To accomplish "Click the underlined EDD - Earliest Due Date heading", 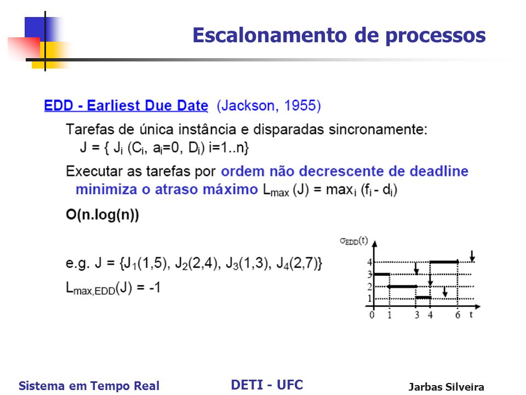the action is tap(126, 105).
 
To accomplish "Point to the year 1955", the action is tap(300, 105).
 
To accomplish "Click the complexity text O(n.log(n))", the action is tap(102, 215).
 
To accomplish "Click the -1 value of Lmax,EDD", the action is tap(155, 287).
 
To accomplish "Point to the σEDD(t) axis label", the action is tap(354, 241).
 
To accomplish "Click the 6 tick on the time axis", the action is tap(458, 315).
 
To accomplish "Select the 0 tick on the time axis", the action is tap(371, 315).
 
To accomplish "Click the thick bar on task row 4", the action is tap(444, 262).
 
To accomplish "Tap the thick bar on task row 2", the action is tap(402, 286).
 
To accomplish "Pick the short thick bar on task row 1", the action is tap(424, 297).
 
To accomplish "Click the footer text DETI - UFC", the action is tap(267, 385).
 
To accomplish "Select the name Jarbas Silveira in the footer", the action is tap(446, 387).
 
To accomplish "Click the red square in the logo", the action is tap(24, 48).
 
